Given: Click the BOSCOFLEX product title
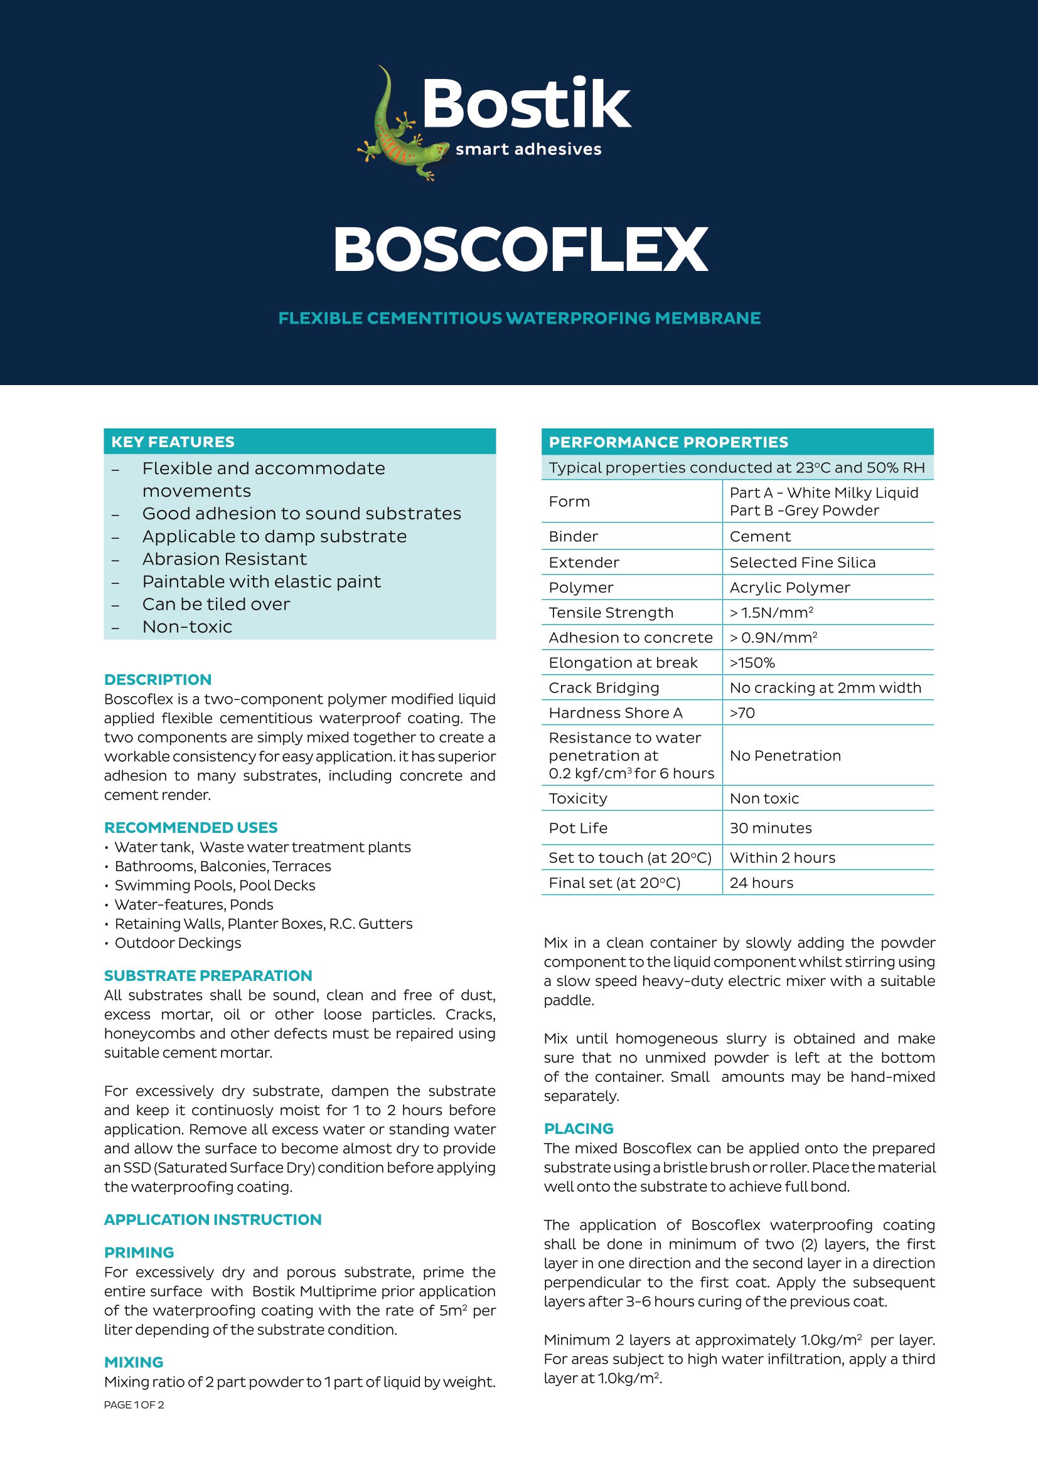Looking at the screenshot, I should pyautogui.click(x=520, y=250).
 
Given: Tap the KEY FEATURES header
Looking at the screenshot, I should pyautogui.click(x=173, y=442).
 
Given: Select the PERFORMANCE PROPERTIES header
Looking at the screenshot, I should pyautogui.click(x=668, y=442).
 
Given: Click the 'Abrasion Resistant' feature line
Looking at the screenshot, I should pyautogui.click(x=224, y=559).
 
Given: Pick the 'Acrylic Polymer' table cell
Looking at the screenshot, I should pyautogui.click(x=789, y=588).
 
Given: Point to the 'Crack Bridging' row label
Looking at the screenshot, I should pyautogui.click(x=603, y=688).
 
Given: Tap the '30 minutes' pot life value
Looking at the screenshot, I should pyautogui.click(x=770, y=828).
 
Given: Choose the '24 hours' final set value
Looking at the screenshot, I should pyautogui.click(x=761, y=883).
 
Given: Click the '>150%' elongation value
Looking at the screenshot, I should pyautogui.click(x=752, y=663).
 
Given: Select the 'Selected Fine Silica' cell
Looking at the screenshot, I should pyautogui.click(x=802, y=563).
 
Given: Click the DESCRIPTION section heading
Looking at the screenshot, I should pyautogui.click(x=158, y=680).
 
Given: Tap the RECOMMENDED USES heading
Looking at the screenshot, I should pyautogui.click(x=191, y=828).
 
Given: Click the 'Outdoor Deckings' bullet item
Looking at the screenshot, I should pyautogui.click(x=178, y=943).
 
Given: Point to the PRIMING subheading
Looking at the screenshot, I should pyautogui.click(x=139, y=1253).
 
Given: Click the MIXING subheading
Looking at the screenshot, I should pyautogui.click(x=134, y=1362).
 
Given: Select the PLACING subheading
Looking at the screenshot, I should pyautogui.click(x=579, y=1128).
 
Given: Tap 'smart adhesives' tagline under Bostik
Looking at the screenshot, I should pyautogui.click(x=528, y=149).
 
